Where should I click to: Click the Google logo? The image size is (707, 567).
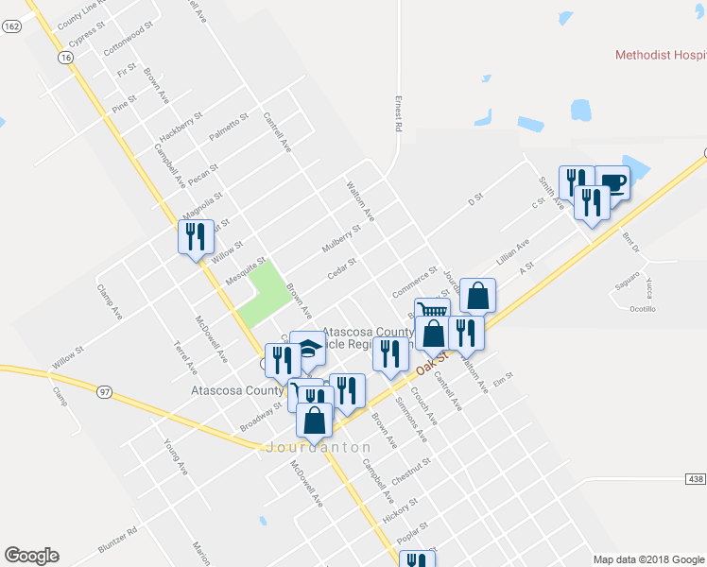point(31,556)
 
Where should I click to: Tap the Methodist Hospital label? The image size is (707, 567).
point(660,55)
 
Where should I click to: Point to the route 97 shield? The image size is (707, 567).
point(104,389)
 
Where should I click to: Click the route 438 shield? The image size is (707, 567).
point(696,480)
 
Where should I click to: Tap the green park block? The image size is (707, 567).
point(261,294)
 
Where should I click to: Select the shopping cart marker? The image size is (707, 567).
point(432,312)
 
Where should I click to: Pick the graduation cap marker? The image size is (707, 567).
point(308,347)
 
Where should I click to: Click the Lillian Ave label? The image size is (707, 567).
point(511,252)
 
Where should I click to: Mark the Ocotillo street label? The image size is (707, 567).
point(643,309)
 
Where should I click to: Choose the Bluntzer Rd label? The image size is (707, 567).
point(117,541)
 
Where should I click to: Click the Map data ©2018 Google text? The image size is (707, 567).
point(648,559)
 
